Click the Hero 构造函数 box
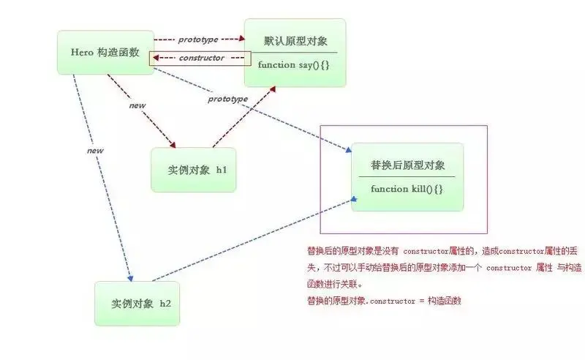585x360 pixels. click(106, 53)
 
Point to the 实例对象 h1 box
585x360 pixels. click(193, 170)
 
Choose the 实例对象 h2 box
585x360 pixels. click(137, 303)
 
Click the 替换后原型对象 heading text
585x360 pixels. click(407, 165)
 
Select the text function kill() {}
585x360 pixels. click(407, 189)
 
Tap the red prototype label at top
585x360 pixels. click(198, 38)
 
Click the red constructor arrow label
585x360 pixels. click(202, 58)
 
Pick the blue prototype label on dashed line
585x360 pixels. click(227, 99)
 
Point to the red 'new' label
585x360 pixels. click(137, 105)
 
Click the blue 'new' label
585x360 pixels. click(95, 151)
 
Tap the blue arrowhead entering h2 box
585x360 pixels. click(130, 278)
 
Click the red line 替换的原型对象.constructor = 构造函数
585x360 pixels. click(384, 301)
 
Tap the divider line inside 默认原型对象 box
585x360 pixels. click(296, 52)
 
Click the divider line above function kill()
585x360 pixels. click(407, 177)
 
